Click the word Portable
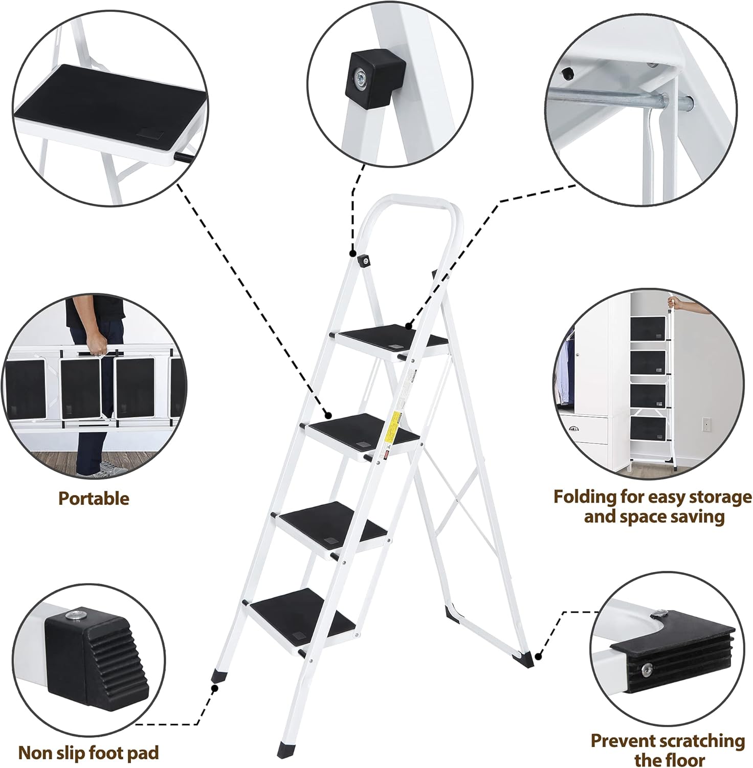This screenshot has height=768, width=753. [x=94, y=498]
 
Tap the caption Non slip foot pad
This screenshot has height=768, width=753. [x=88, y=752]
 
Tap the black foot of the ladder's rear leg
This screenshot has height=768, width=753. [x=526, y=658]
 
